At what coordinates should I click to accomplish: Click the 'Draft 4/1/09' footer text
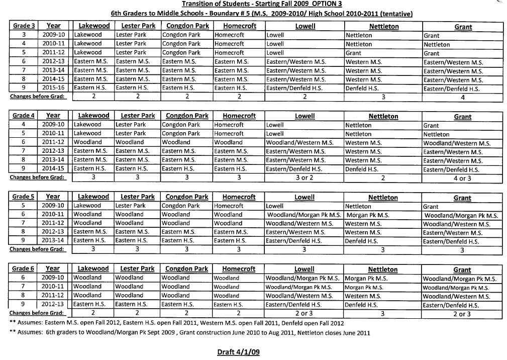click(x=238, y=352)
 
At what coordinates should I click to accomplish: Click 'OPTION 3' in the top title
click(x=327, y=4)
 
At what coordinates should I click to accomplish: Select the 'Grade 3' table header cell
click(x=23, y=26)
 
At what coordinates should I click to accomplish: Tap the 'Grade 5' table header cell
click(x=23, y=197)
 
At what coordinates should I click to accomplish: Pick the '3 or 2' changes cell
click(x=304, y=177)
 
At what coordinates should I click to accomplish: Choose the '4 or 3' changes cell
click(x=462, y=178)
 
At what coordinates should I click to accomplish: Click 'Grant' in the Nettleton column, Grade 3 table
click(x=353, y=53)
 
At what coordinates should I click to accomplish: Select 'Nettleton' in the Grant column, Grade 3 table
click(x=436, y=45)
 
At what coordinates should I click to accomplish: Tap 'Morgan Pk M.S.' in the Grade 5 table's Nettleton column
click(x=368, y=215)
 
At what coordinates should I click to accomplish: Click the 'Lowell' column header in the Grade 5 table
click(x=304, y=198)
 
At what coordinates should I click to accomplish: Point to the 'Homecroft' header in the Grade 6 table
click(x=239, y=269)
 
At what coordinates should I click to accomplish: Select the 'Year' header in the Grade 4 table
click(x=53, y=116)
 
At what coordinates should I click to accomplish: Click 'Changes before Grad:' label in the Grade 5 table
click(x=37, y=249)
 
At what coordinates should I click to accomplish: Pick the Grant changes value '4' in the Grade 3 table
click(x=462, y=98)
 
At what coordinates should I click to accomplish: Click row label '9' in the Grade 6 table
click(x=23, y=304)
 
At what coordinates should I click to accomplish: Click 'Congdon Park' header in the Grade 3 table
click(x=187, y=26)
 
